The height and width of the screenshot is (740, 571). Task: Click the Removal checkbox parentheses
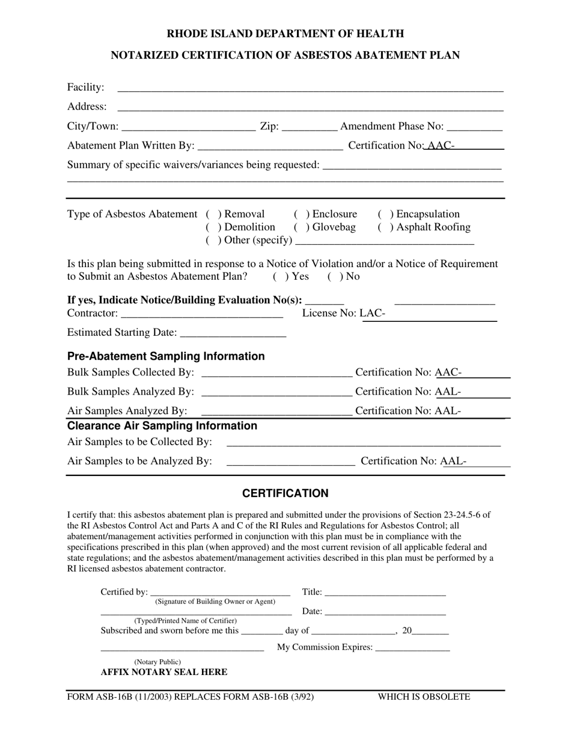[212, 214]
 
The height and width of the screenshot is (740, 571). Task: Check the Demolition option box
[212, 227]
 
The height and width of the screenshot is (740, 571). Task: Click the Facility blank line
[310, 88]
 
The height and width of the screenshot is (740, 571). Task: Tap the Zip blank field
[309, 127]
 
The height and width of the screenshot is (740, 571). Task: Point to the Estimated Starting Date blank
[233, 333]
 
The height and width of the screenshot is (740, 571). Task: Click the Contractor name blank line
[201, 314]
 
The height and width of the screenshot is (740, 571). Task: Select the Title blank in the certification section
[385, 593]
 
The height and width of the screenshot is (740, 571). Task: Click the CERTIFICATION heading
[285, 493]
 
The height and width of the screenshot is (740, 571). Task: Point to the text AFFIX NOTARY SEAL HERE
[163, 672]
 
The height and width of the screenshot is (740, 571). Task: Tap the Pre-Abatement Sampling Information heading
[166, 356]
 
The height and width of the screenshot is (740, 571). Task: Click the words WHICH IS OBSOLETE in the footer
[424, 697]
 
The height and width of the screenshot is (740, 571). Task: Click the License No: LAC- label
[343, 313]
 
